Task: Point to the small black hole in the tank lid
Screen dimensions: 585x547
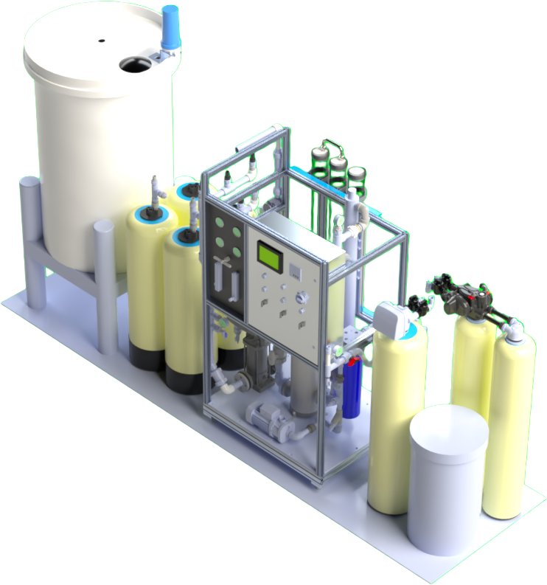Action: click(x=102, y=40)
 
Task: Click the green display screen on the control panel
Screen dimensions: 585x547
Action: click(x=269, y=255)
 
